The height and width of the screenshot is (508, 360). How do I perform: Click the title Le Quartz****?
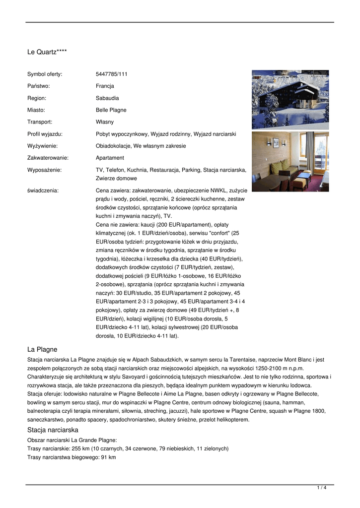coord(47,52)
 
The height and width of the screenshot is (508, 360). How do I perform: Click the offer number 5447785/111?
coord(111,74)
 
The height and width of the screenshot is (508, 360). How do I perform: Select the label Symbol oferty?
coord(45,74)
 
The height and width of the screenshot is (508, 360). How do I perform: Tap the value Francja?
coord(105,86)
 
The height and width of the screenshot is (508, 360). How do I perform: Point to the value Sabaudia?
coord(107,98)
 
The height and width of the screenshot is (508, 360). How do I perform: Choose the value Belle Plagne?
coord(111,110)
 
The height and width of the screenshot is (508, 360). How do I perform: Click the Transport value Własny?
coord(105,122)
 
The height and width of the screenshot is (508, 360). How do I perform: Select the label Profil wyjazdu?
coord(45,134)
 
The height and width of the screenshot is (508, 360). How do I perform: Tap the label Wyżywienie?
coord(42,146)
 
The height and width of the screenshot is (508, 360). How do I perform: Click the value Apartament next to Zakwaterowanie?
coord(110,158)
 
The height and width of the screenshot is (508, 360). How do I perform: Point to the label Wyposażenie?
coord(44,170)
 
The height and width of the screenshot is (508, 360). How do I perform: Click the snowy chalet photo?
coord(290,99)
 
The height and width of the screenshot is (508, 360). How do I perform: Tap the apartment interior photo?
coord(290,161)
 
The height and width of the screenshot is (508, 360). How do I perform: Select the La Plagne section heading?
coord(42,349)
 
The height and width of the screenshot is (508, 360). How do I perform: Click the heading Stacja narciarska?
coord(53,430)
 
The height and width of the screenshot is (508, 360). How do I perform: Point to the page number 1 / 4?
coord(321,488)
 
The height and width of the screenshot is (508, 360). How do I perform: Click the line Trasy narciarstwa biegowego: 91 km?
coord(72,457)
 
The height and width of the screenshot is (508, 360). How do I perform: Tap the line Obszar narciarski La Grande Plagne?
coord(72,440)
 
